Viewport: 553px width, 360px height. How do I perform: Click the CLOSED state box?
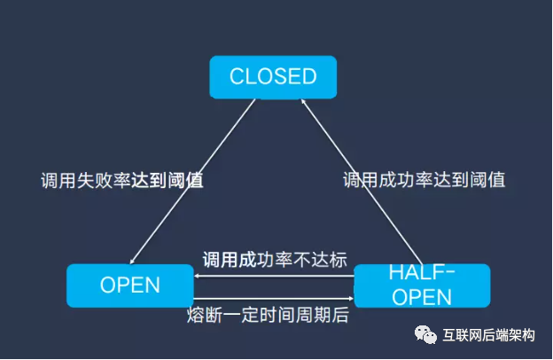273,77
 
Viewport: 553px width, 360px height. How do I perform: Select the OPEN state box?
129,286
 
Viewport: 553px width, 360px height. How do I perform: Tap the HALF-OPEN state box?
421,285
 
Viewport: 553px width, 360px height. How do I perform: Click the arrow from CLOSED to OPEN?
195,177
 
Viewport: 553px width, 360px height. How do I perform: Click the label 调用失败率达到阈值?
122,180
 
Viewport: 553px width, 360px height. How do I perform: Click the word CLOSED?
273,77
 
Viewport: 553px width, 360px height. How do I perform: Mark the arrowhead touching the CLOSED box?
304,102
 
